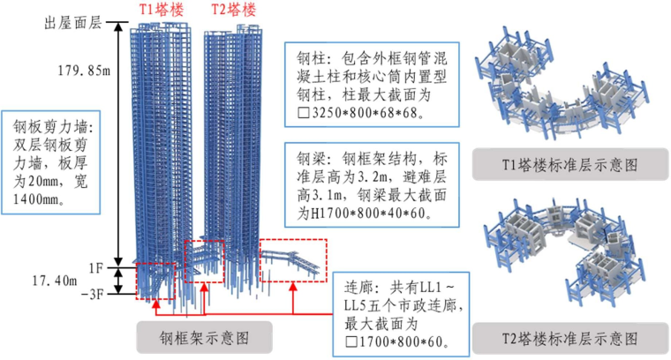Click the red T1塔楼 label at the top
(161, 10)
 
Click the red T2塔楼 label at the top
(234, 10)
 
